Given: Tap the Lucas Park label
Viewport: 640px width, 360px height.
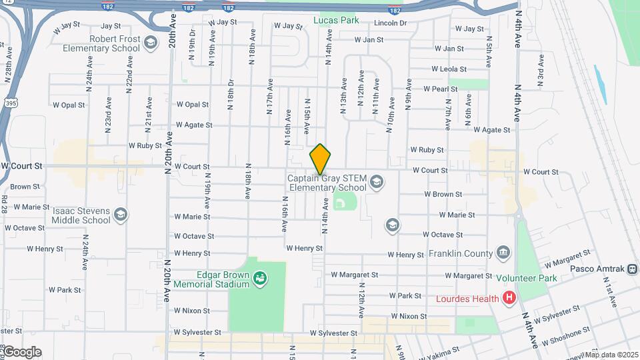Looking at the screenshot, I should tap(336, 20).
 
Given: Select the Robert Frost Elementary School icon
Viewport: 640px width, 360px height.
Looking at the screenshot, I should tap(151, 43).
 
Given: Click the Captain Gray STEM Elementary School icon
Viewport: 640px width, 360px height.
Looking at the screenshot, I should tap(377, 182).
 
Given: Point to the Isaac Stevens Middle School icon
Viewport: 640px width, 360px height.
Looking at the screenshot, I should tap(121, 215).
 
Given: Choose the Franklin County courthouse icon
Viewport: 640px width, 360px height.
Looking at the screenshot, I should tap(503, 253).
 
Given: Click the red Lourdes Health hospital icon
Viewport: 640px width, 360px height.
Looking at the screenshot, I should tap(510, 298).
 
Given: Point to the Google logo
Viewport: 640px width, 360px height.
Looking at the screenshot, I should tap(21, 352).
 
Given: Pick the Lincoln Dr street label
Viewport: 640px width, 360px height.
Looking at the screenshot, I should tap(390, 23).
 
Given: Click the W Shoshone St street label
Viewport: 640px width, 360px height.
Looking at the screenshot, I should tap(566, 335).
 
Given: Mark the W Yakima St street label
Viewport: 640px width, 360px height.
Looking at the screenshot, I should tap(439, 349).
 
